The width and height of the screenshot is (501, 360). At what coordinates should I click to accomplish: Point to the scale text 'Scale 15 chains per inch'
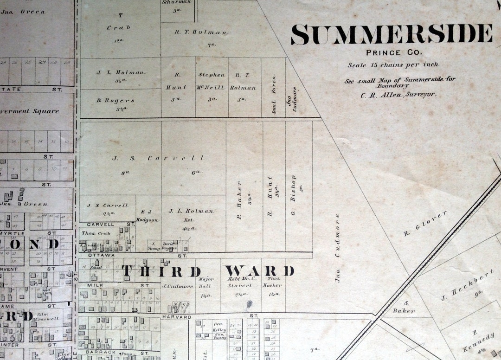click(393, 65)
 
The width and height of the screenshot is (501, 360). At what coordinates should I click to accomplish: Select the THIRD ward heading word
click(162, 271)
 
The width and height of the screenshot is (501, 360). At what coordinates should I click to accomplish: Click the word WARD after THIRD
click(260, 271)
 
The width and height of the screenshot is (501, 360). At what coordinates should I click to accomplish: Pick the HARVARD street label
click(177, 317)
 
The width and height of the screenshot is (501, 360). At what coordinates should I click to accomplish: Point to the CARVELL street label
click(100, 224)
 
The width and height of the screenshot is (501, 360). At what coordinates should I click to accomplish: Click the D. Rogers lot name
click(116, 101)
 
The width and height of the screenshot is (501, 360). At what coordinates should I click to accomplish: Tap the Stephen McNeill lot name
click(212, 81)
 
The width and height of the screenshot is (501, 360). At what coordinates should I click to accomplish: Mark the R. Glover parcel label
click(425, 223)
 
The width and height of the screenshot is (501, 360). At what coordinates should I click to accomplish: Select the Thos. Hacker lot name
click(274, 282)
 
